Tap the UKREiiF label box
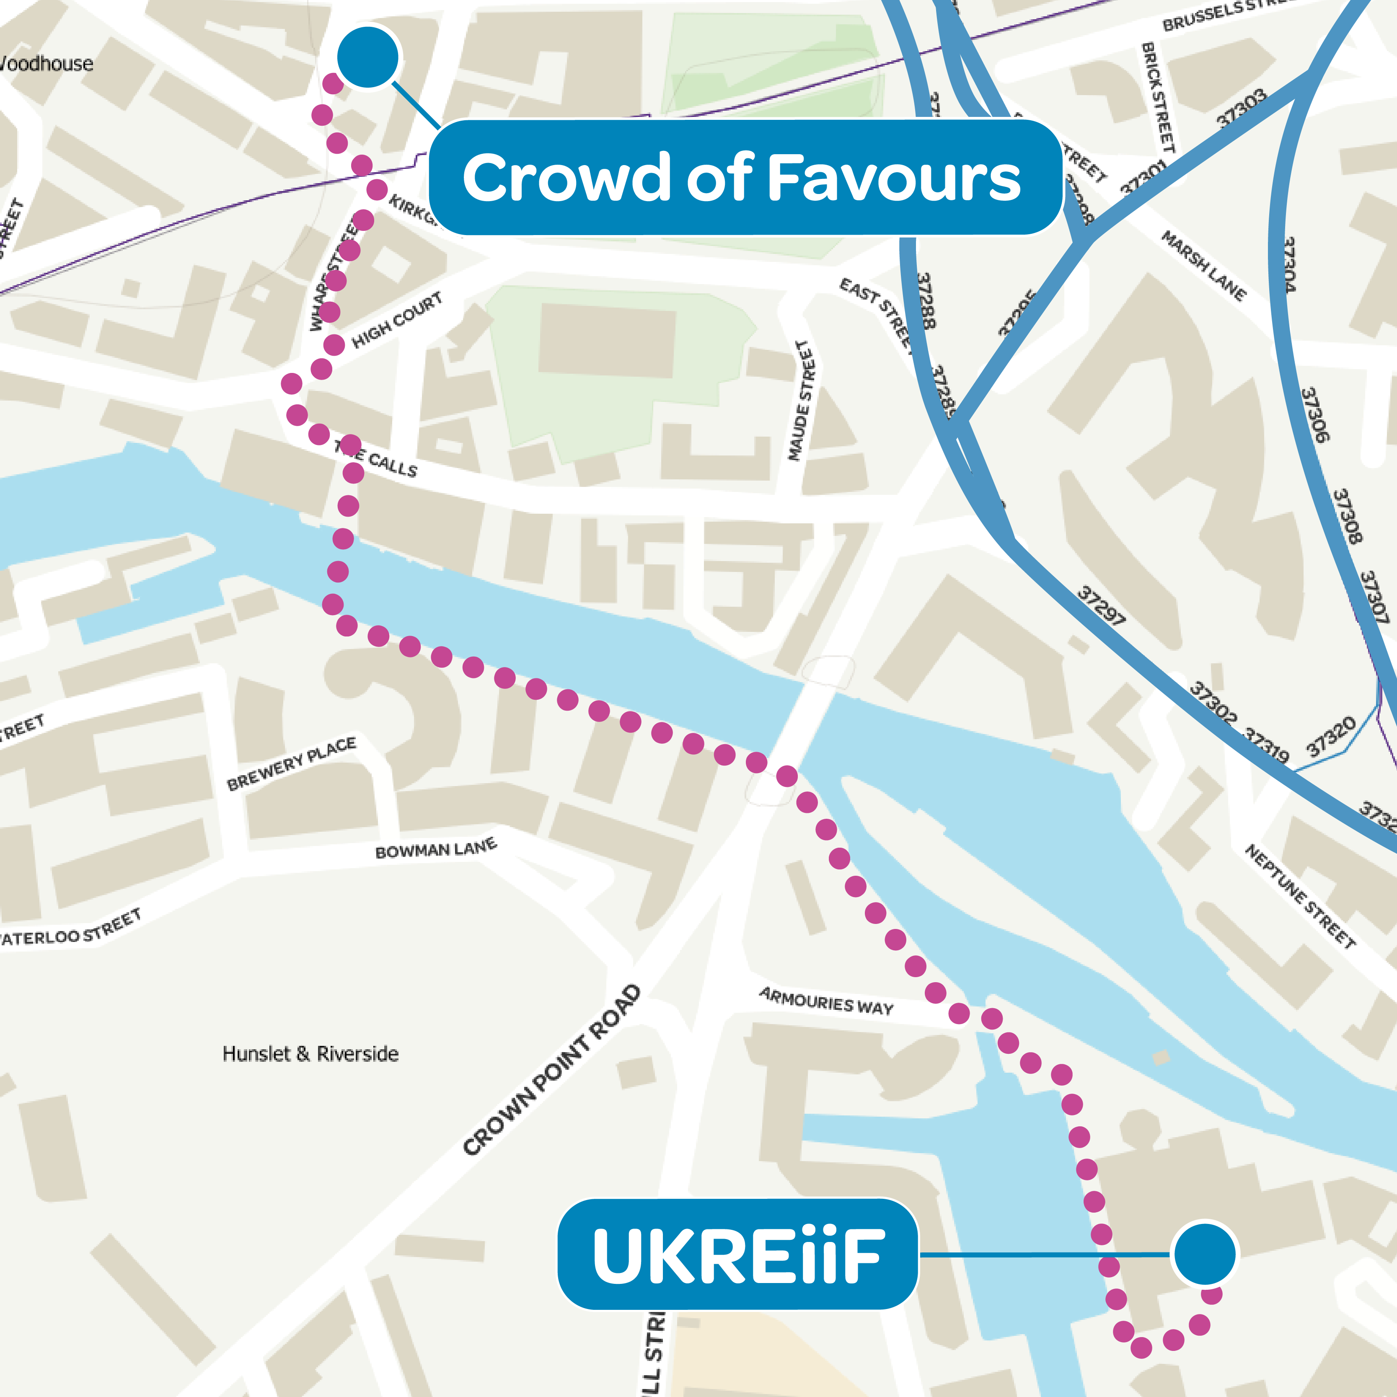coord(737,1255)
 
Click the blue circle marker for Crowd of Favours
coord(367,57)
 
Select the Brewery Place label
coord(291,763)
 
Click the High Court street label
coord(397,320)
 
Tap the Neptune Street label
coord(1299,897)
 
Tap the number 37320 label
coord(1330,736)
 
